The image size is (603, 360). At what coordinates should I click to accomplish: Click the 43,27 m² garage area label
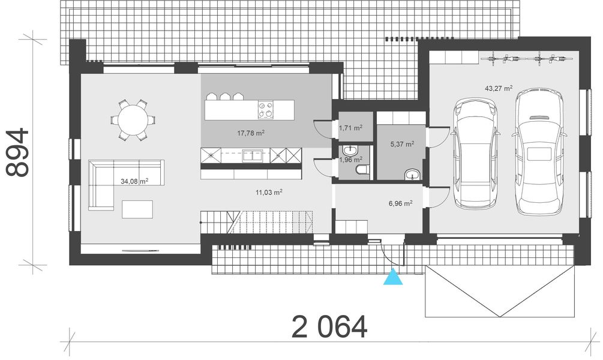pyautogui.click(x=498, y=88)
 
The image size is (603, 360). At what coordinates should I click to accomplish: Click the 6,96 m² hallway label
pyautogui.click(x=400, y=203)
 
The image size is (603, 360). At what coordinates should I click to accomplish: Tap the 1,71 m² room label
pyautogui.click(x=350, y=128)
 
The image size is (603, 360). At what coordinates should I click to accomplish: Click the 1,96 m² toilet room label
pyautogui.click(x=350, y=160)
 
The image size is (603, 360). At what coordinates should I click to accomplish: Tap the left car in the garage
pyautogui.click(x=476, y=153)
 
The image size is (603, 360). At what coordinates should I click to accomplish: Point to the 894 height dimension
pyautogui.click(x=18, y=152)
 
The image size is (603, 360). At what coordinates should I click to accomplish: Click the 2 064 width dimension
pyautogui.click(x=329, y=327)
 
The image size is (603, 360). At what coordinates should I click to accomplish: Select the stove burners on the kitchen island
pyautogui.click(x=266, y=110)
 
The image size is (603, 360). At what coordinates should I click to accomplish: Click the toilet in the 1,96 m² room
pyautogui.click(x=361, y=172)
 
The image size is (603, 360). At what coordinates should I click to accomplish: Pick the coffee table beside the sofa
pyautogui.click(x=137, y=209)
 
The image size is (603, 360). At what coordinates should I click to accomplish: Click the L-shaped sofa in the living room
pyautogui.click(x=114, y=180)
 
